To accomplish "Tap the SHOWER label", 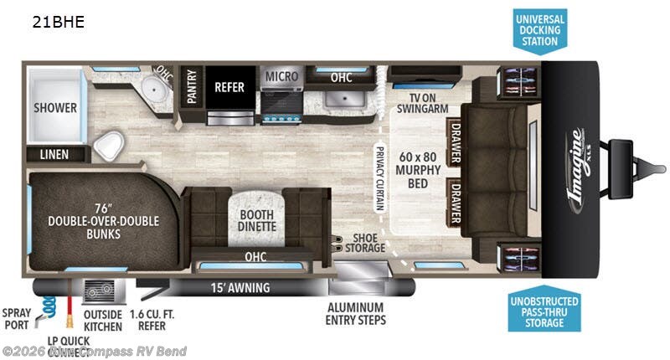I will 55,107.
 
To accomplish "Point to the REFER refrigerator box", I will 229,86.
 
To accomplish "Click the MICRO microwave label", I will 282,76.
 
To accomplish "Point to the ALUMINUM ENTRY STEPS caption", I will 356,314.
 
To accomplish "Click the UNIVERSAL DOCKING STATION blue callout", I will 540,31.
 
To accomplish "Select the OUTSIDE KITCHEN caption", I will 102,320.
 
